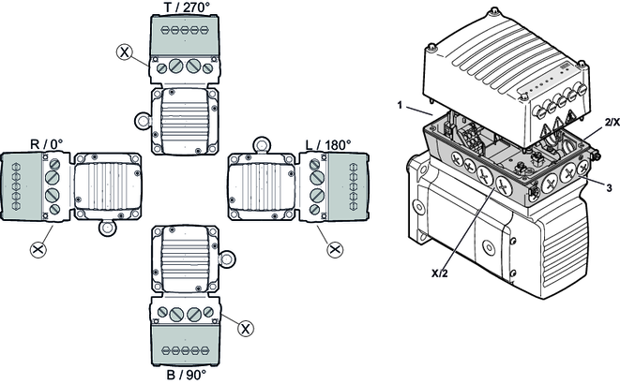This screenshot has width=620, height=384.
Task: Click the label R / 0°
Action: (x=47, y=144)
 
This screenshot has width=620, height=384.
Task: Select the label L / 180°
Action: (x=328, y=144)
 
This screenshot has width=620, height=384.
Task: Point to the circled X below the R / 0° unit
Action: (x=38, y=248)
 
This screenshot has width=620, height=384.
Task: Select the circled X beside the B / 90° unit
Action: (x=245, y=328)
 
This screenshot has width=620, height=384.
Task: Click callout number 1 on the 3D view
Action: (x=401, y=106)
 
